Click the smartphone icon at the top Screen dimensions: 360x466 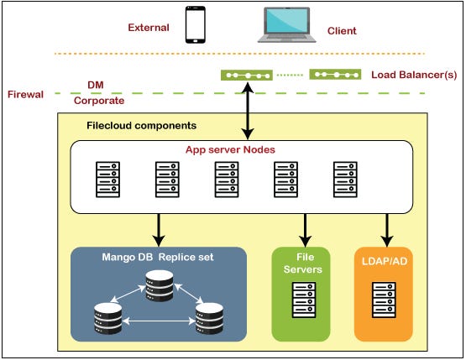196,25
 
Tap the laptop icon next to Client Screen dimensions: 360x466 287,24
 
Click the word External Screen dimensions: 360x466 149,27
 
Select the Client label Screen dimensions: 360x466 342,31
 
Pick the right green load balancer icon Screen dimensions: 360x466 335,75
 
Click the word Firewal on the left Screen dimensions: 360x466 25,93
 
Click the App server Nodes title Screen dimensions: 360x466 231,150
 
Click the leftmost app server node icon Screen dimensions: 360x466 105,178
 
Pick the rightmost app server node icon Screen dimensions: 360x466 345,178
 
